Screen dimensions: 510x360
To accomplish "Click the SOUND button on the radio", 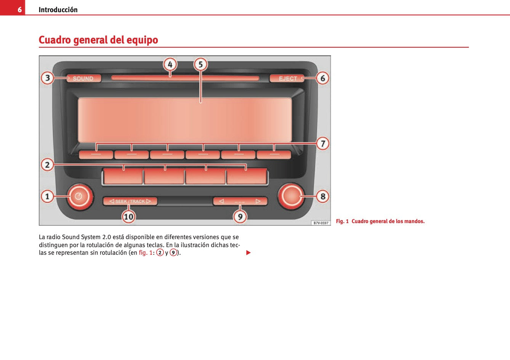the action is point(83,79).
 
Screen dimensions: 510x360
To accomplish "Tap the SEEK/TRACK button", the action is point(130,201).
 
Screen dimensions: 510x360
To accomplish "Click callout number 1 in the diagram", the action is point(47,196).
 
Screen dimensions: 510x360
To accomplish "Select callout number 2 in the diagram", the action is point(47,165).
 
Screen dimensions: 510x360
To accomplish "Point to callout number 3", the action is point(47,78).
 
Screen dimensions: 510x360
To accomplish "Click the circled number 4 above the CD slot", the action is point(170,65).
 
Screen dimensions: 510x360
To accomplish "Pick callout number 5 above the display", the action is point(200,64).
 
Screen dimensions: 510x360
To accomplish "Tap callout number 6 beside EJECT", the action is point(322,78).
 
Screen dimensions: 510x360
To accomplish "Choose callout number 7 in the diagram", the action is point(322,143).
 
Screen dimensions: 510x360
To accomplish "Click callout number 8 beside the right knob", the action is point(322,196).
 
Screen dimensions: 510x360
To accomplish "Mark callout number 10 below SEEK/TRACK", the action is point(128,217).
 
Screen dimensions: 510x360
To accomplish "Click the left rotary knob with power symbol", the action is point(79,197).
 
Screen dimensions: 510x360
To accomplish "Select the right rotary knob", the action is point(291,196).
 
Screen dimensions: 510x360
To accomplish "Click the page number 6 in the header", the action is point(20,10).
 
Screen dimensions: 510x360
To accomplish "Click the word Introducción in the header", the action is point(58,10).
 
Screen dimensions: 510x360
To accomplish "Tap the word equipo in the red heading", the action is point(142,40).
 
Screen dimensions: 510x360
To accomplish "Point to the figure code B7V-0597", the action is point(321,223).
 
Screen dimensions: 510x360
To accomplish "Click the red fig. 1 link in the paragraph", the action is point(145,253).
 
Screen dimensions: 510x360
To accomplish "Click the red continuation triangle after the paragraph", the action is point(249,253).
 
